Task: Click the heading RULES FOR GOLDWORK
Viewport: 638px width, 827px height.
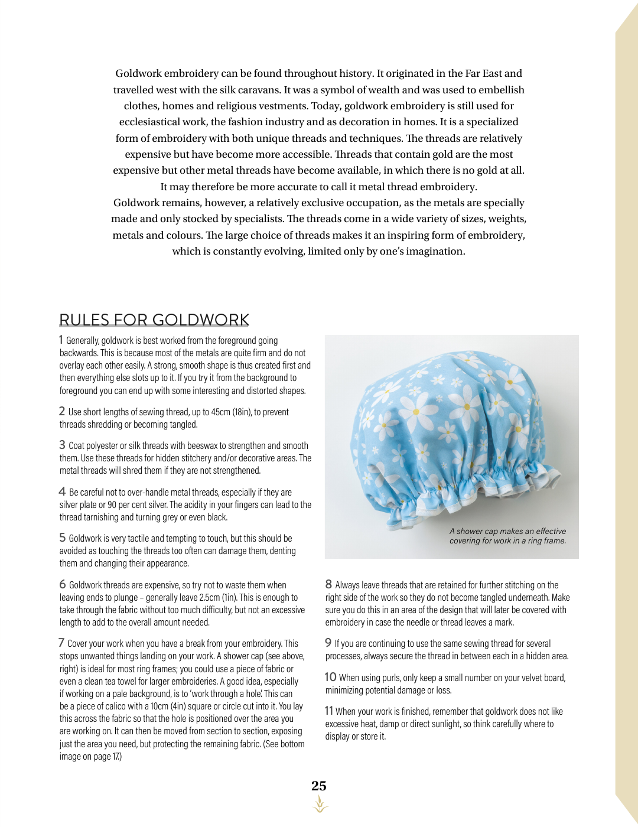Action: click(154, 320)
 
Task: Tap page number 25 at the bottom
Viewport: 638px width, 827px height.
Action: click(319, 786)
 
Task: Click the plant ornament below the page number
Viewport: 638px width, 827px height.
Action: click(320, 804)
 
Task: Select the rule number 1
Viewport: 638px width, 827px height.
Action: click(61, 340)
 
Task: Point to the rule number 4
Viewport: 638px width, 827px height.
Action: click(62, 491)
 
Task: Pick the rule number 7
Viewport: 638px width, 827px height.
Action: click(61, 643)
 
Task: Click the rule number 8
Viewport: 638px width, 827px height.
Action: click(328, 584)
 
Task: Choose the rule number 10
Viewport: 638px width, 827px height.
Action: click(330, 677)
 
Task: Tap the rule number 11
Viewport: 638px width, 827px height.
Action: click(329, 711)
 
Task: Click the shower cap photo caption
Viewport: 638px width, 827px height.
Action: click(507, 536)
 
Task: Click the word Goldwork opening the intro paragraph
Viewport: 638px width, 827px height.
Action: click(138, 73)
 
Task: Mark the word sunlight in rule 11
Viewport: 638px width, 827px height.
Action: click(442, 724)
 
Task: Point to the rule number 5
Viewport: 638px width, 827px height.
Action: click(62, 538)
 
